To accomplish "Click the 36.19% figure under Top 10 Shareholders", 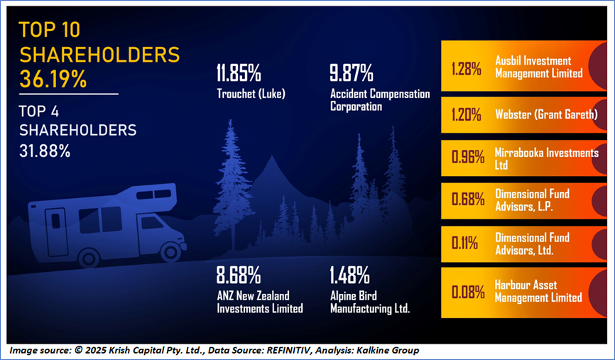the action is (x=53, y=79).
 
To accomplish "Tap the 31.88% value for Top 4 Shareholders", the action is (x=45, y=151).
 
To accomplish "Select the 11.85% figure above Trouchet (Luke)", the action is (x=239, y=72).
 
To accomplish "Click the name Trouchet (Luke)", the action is (x=251, y=94).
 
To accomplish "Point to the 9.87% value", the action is (x=352, y=72).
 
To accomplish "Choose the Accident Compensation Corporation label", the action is (x=380, y=100).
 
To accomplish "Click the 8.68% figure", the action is (x=239, y=275).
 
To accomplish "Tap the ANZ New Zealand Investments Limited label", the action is (x=260, y=302).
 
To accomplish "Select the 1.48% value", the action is (x=349, y=275).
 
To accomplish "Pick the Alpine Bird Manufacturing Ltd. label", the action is (x=370, y=302).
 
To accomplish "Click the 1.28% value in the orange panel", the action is (x=467, y=69).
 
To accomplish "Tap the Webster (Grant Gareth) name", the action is (x=546, y=114).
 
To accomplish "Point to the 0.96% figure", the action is (x=468, y=157).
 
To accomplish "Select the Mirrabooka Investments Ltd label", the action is (x=547, y=159).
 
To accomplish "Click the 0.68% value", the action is (x=468, y=200).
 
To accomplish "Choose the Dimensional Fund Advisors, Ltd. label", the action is (x=532, y=244).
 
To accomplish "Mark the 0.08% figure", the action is (x=468, y=292).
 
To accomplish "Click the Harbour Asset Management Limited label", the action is (x=538, y=291).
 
